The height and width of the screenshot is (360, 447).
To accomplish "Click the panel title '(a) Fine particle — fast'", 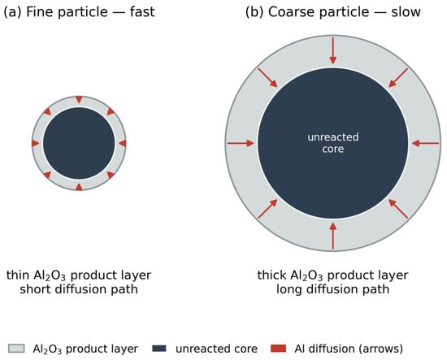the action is click(79, 12).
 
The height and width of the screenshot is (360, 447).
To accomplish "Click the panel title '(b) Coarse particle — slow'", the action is click(333, 12).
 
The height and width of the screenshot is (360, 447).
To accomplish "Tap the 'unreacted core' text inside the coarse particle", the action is click(333, 143).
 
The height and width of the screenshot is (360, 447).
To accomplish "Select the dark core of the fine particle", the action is click(79, 143).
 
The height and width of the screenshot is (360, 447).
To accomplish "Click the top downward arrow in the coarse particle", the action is click(332, 50).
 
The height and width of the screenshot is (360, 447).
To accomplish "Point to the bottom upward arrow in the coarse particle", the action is click(332, 236).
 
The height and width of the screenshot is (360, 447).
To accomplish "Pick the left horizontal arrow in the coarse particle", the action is click(241, 143).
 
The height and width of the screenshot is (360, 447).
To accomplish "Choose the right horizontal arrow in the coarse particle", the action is click(425, 143).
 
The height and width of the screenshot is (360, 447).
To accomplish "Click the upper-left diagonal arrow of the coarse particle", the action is click(267, 77).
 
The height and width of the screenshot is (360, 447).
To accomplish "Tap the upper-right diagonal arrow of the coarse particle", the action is click(398, 77).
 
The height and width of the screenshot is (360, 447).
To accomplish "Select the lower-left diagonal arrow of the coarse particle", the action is click(267, 209).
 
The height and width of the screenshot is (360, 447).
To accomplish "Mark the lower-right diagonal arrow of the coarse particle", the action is click(398, 209).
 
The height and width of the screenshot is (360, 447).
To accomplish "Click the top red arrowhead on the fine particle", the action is click(79, 99).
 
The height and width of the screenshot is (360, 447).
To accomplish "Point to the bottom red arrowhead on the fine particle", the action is click(79, 187).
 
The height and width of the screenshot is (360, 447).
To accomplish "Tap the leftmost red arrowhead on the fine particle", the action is click(35, 143).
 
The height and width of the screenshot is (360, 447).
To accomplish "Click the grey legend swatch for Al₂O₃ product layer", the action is click(16, 349).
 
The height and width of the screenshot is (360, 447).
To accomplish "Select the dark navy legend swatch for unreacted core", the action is click(159, 349).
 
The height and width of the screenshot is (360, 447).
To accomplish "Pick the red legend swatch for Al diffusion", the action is click(278, 349).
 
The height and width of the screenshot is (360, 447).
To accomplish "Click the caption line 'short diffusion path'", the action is click(79, 289).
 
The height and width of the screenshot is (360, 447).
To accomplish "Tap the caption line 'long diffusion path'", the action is click(333, 289).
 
